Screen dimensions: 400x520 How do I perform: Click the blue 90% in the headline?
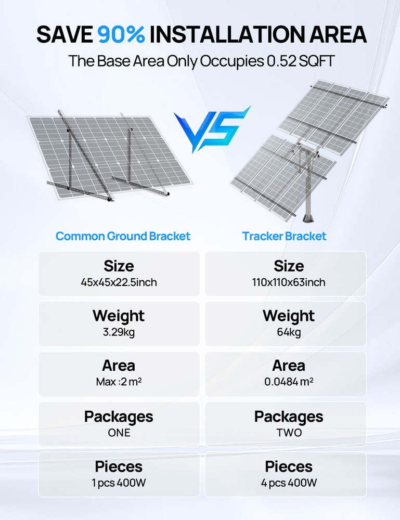click(121, 34)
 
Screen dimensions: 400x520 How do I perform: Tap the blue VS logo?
click(212, 129)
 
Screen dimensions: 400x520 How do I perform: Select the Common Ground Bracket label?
click(123, 236)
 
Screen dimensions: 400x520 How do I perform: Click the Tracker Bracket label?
click(284, 236)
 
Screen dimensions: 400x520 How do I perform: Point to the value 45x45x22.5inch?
click(119, 282)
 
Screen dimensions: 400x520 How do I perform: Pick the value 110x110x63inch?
click(289, 282)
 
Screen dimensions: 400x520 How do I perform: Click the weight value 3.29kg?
click(119, 332)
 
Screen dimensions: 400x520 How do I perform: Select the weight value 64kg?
click(289, 332)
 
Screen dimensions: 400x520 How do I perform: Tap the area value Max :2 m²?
click(119, 382)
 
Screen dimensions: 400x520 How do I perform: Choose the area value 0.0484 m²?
click(289, 382)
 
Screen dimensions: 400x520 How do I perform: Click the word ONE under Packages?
click(119, 433)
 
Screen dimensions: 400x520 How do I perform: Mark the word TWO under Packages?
click(289, 433)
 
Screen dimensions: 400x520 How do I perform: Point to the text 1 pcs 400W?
click(119, 483)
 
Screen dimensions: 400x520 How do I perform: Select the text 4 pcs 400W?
click(289, 483)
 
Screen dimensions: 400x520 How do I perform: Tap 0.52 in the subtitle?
click(281, 61)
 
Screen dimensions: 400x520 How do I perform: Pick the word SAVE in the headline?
click(64, 34)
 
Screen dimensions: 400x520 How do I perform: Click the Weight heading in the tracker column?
click(289, 316)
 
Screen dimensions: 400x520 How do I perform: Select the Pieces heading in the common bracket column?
click(119, 466)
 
